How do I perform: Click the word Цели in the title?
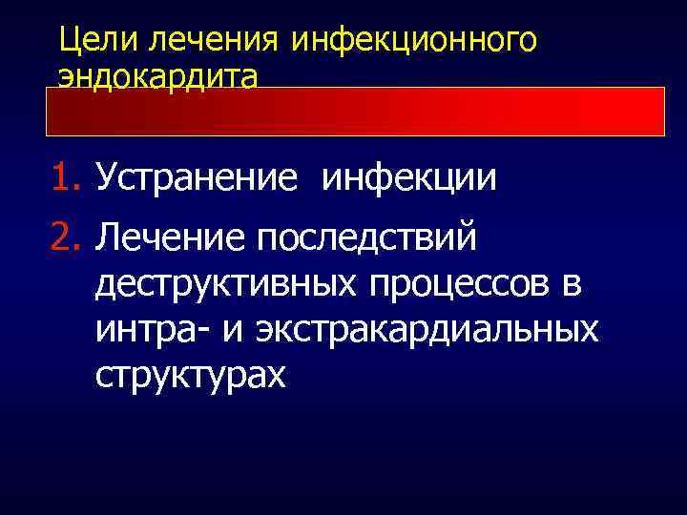click(x=90, y=40)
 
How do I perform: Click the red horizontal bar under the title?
click(x=355, y=112)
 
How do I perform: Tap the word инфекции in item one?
click(x=408, y=178)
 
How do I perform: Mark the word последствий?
click(x=364, y=236)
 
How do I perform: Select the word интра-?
click(x=152, y=329)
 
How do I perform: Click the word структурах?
click(x=190, y=376)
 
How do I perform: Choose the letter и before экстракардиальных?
click(x=236, y=331)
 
